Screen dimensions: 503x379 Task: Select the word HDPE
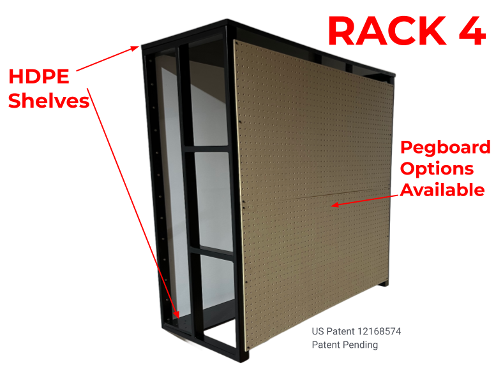click(39, 76)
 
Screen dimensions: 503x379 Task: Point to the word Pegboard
click(446, 148)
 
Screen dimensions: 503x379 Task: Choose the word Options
click(437, 169)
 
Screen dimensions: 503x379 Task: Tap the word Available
click(442, 190)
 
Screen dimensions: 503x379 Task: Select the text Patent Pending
click(345, 345)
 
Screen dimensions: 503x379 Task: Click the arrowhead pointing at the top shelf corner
click(135, 48)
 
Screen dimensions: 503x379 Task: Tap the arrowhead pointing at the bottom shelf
click(176, 314)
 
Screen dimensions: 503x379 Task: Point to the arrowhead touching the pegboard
click(334, 204)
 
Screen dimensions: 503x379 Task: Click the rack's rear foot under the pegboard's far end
click(384, 283)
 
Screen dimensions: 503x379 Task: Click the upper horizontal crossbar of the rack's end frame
click(207, 149)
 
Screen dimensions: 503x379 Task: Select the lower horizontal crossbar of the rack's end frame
click(212, 251)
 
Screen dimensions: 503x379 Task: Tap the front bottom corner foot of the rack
click(243, 356)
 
